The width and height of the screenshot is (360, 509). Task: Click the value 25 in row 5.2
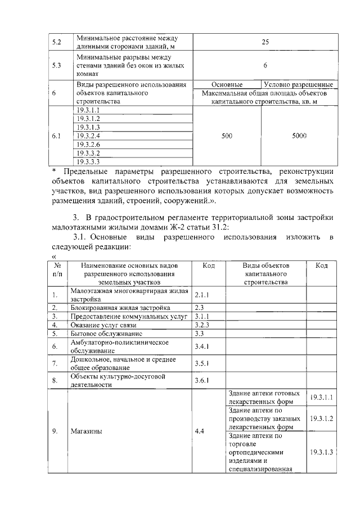coord(265,41)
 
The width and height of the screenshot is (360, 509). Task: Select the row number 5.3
coord(56,65)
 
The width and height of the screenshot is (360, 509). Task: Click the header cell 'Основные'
coord(227,84)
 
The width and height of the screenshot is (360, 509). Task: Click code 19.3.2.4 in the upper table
coord(88,136)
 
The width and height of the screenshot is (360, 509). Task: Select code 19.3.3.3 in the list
coord(88,161)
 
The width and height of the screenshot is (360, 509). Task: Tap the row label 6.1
coord(56,136)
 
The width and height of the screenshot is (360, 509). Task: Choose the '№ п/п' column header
coord(57,269)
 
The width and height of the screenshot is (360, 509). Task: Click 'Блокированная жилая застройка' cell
coord(113,308)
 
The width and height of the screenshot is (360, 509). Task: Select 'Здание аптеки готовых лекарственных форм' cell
coord(264,398)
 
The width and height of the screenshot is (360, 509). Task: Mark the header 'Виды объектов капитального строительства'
coord(265,273)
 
